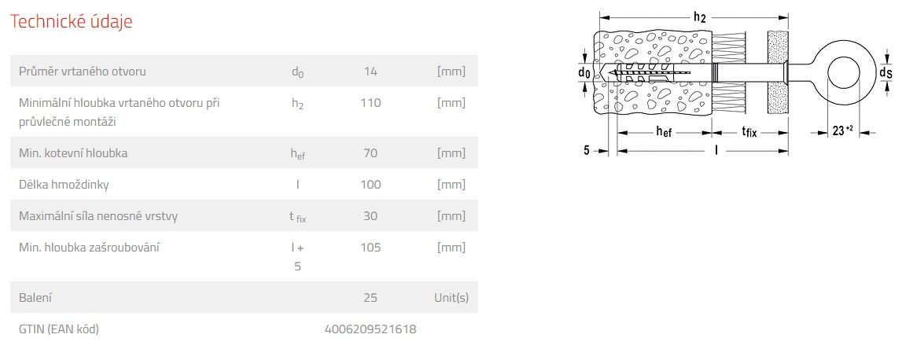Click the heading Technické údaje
pos(72,21)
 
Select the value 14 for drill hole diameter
pos(370,72)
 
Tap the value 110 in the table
pos(370,103)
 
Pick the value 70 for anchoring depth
pos(370,153)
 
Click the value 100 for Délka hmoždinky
pos(370,185)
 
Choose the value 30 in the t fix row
pos(370,215)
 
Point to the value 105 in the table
pos(370,248)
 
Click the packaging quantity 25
pos(370,298)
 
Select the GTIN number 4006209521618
pos(370,329)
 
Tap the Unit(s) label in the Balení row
pos(451,298)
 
